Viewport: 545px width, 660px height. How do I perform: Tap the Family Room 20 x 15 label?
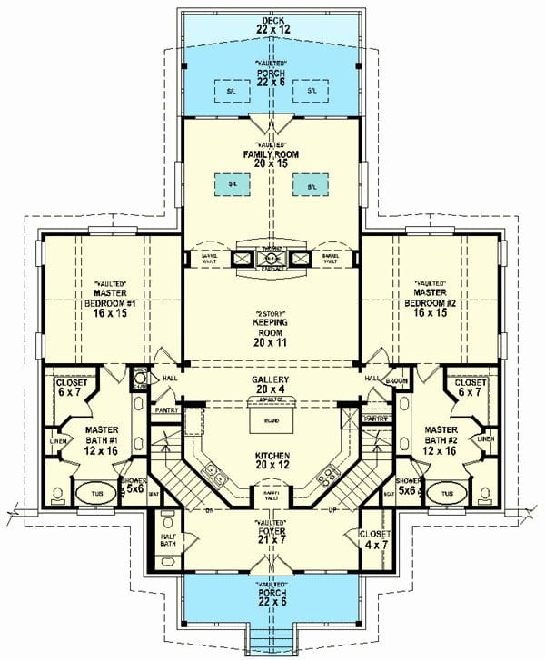click(272, 155)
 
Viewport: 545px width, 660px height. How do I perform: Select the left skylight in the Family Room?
click(233, 184)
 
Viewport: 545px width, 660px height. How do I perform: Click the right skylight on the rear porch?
click(312, 91)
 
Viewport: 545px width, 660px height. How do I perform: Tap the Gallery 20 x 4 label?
click(272, 385)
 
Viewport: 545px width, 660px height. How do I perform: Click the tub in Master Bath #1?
click(91, 495)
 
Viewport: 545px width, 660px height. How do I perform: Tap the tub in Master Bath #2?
click(446, 495)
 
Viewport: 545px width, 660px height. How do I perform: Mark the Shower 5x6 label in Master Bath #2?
click(407, 486)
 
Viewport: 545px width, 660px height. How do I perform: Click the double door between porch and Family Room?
click(272, 123)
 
